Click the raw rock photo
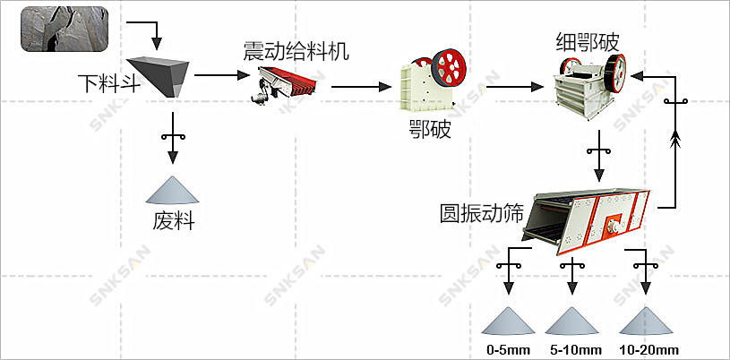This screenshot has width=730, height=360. click(63, 28)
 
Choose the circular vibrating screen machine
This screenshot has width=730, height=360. click(588, 219)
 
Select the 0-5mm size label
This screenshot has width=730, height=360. click(507, 348)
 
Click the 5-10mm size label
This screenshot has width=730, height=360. click(570, 348)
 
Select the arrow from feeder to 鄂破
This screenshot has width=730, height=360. click(363, 87)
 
